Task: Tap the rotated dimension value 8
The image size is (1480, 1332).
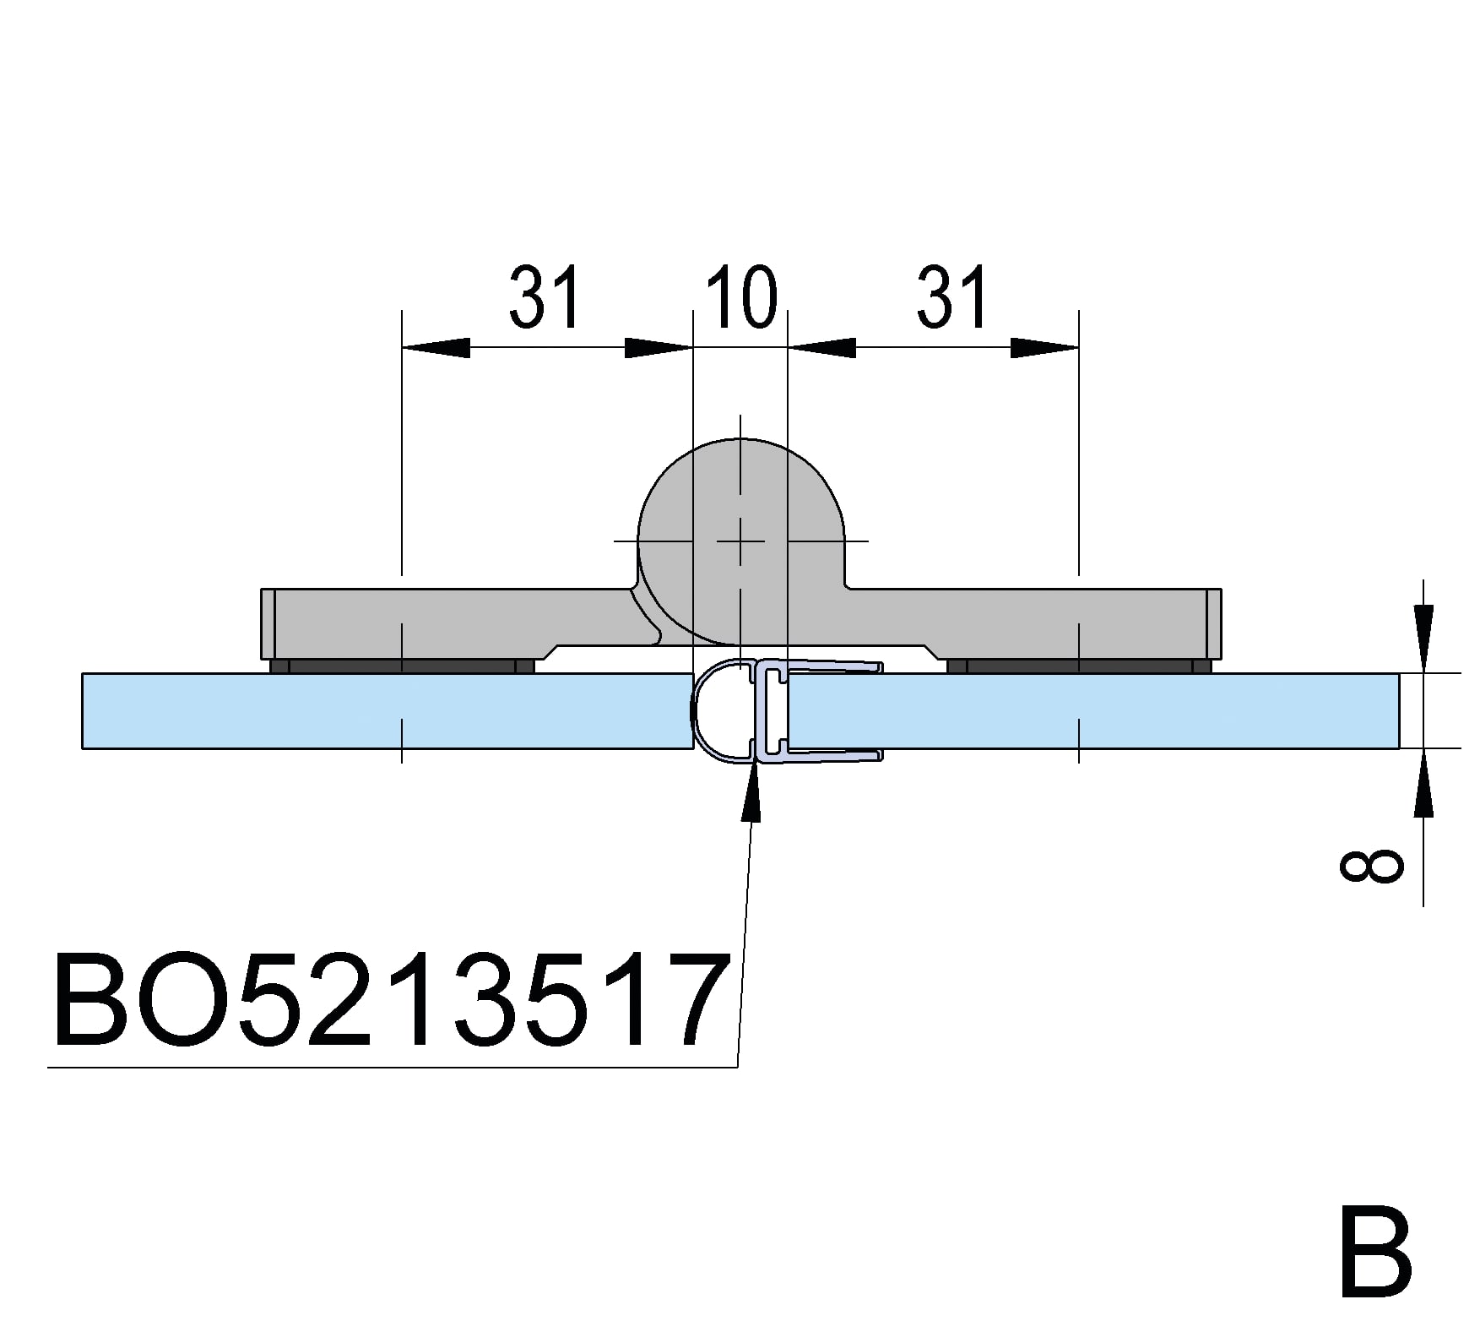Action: click(1372, 867)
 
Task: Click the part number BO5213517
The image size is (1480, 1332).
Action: click(391, 999)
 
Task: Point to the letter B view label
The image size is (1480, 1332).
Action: click(1375, 1263)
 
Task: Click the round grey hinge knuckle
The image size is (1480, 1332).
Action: click(741, 541)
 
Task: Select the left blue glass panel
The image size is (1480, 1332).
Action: click(388, 710)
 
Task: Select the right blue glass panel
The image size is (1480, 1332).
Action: click(1093, 710)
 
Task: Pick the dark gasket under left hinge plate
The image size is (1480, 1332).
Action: click(402, 666)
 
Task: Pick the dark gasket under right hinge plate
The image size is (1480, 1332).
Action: click(1079, 666)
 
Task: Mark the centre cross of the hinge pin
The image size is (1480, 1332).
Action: click(740, 541)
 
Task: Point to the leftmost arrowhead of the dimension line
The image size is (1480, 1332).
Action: click(436, 347)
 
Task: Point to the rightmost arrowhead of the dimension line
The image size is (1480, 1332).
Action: click(1045, 347)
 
